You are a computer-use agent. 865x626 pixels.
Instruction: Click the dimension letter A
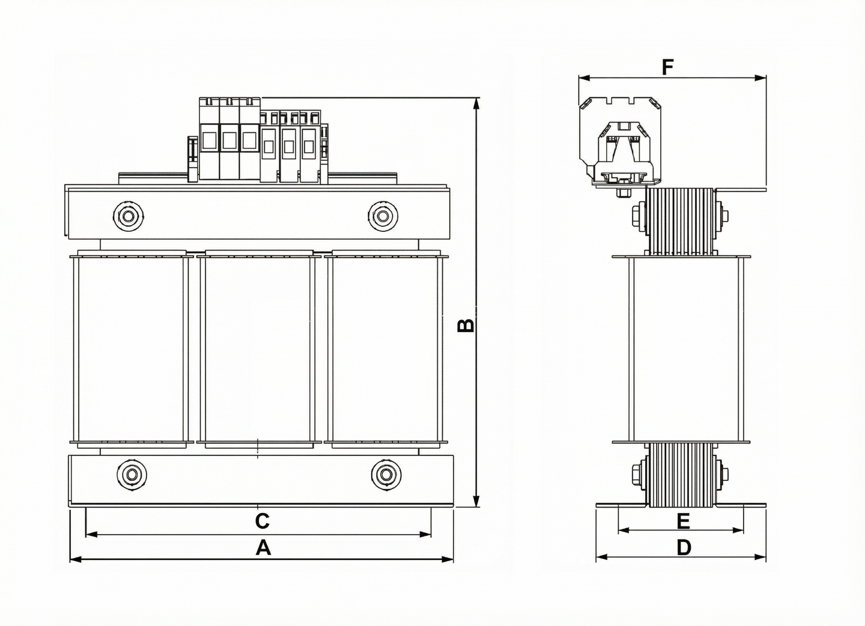coord(263,547)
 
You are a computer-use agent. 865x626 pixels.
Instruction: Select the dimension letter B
coord(466,325)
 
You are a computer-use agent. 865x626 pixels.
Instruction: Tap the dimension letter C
coord(262,521)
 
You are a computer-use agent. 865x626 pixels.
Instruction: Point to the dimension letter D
coord(684,547)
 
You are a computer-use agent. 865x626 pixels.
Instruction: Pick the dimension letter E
coord(683,521)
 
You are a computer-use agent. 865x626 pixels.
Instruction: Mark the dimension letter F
coord(667,67)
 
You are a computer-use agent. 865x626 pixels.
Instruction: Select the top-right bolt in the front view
coord(383,215)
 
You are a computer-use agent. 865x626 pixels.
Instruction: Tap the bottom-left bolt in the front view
coord(130,475)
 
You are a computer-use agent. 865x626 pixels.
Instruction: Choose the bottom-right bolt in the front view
coord(385,475)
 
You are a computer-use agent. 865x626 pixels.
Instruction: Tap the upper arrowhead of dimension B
coord(477,103)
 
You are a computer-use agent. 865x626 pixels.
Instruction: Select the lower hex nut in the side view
coord(636,475)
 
